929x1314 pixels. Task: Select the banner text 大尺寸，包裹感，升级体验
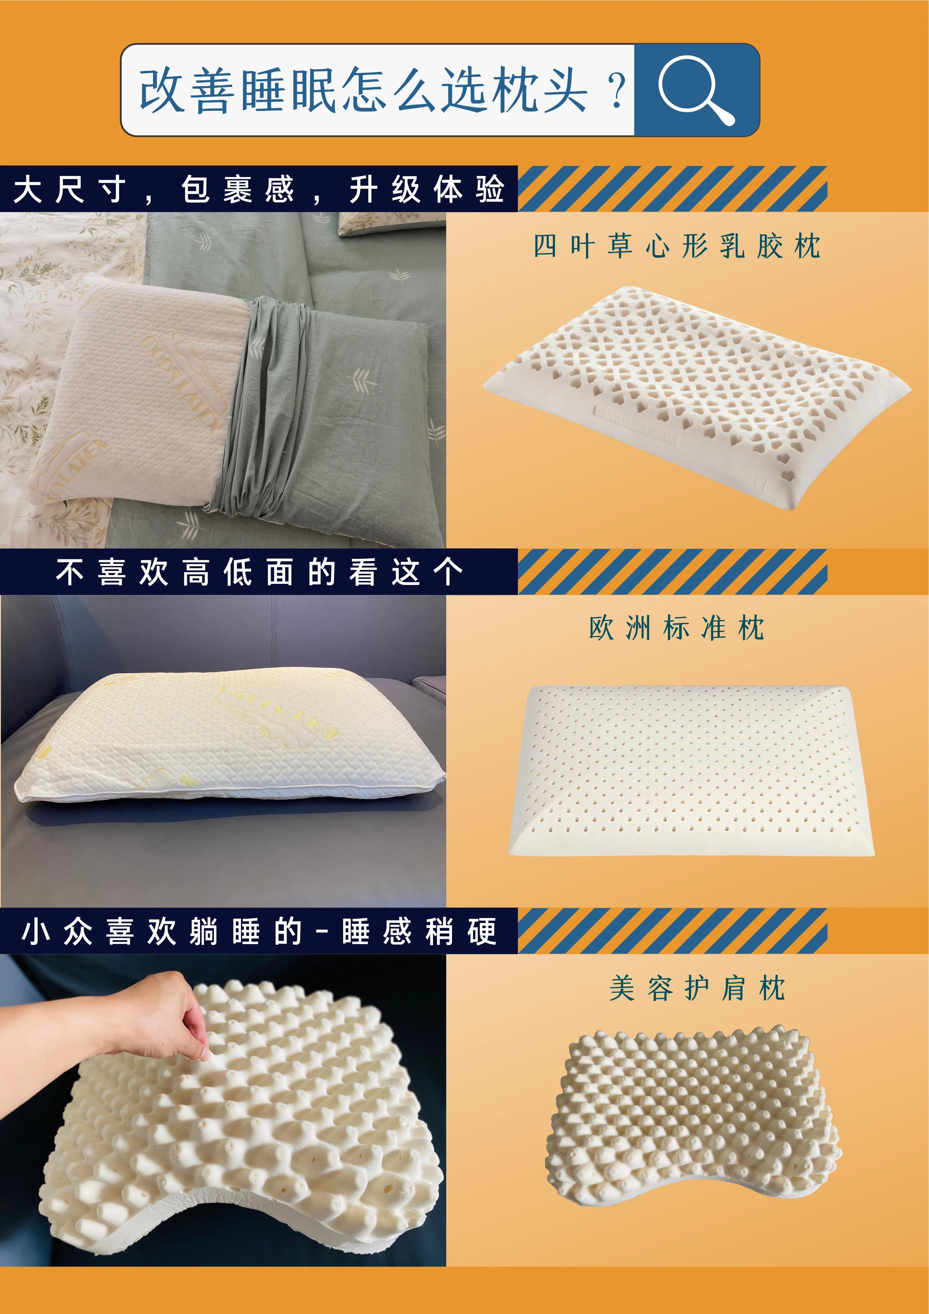pyautogui.click(x=259, y=189)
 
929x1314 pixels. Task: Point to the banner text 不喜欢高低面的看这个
pyautogui.click(x=259, y=572)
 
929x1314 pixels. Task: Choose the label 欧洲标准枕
pyautogui.click(x=677, y=628)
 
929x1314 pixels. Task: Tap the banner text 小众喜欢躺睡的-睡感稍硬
pyautogui.click(x=259, y=931)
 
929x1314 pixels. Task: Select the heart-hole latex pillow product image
pyautogui.click(x=697, y=395)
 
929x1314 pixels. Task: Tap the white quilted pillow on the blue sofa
pyautogui.click(x=229, y=738)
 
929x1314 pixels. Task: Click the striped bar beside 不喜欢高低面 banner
pyautogui.click(x=672, y=572)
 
